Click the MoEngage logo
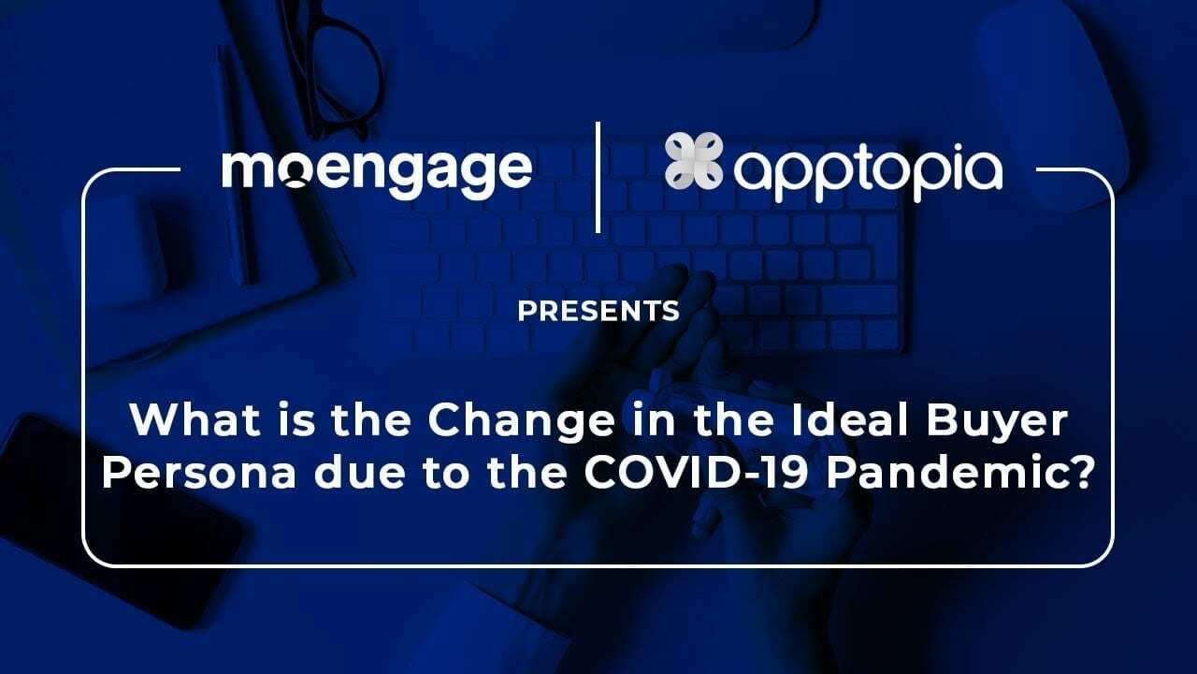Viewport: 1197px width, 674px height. [377, 171]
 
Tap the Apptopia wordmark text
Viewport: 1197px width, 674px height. [868, 172]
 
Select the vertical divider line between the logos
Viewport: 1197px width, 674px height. [598, 175]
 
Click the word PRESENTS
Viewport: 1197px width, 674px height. [598, 311]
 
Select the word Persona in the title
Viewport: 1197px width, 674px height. [181, 473]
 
